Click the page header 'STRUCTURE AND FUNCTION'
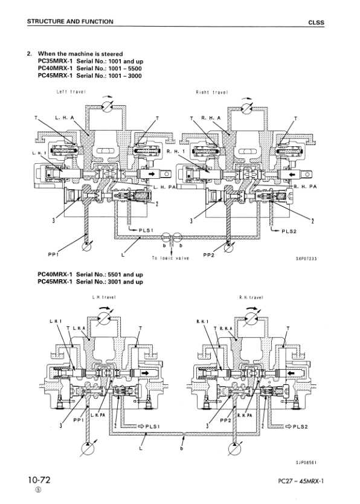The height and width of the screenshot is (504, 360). pos(70,22)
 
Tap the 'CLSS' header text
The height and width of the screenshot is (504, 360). pos(316,22)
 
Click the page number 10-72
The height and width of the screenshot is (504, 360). pos(39,480)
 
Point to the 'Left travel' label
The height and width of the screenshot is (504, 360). pos(71,92)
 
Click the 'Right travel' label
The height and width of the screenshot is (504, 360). pos(212,92)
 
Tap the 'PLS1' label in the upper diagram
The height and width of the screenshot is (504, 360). pos(146,230)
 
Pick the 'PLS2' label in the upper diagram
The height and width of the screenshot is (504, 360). pos(289,231)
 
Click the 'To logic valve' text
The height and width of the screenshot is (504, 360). pos(170,258)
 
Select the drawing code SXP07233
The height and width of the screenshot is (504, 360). pos(306,259)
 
